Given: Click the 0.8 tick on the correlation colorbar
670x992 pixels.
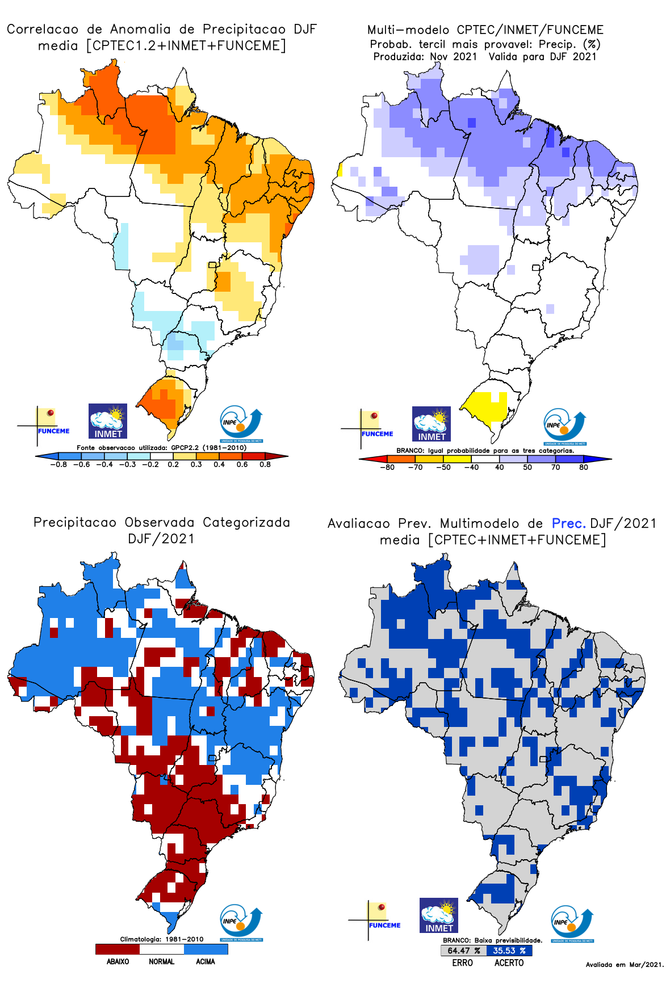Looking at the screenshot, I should click(265, 464).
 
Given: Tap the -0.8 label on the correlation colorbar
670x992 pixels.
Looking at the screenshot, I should click(58, 464).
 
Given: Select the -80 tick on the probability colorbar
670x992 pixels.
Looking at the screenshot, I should click(387, 468).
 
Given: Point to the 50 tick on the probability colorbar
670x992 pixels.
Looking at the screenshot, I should click(527, 468).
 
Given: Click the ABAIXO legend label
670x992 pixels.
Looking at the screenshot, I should click(118, 962).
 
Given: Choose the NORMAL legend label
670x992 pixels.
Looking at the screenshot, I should click(162, 962).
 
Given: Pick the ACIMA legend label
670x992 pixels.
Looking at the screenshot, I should click(206, 962).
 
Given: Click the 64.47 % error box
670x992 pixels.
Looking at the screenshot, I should click(463, 951).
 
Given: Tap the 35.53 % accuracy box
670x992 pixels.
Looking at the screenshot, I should click(509, 951).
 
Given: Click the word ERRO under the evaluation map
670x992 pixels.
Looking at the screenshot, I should click(463, 963).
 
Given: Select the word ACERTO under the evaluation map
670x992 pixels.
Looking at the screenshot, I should click(509, 963).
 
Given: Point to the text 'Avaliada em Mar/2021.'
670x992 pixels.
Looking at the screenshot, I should click(625, 965).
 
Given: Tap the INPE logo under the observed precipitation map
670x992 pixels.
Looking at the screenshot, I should click(241, 923).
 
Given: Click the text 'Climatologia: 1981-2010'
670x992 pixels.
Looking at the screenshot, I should click(162, 939).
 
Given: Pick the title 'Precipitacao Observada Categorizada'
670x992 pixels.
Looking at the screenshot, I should click(162, 522).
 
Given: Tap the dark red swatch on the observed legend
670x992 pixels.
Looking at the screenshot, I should click(118, 949).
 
